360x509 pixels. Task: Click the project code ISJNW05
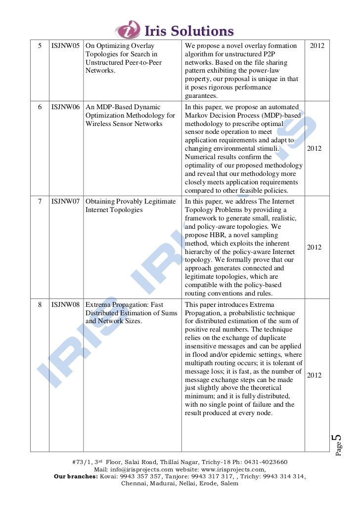tap(65, 46)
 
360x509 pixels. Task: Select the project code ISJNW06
tap(65, 107)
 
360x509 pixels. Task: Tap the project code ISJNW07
tap(65, 202)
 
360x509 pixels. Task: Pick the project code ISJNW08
tap(65, 305)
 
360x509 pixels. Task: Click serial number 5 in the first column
tap(40, 46)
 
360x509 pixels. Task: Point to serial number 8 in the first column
tap(40, 305)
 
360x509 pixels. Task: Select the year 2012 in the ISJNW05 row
tap(317, 46)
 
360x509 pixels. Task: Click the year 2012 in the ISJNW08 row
tap(315, 376)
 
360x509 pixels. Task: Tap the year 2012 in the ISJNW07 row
tap(315, 248)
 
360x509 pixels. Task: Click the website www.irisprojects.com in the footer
tap(233, 469)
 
